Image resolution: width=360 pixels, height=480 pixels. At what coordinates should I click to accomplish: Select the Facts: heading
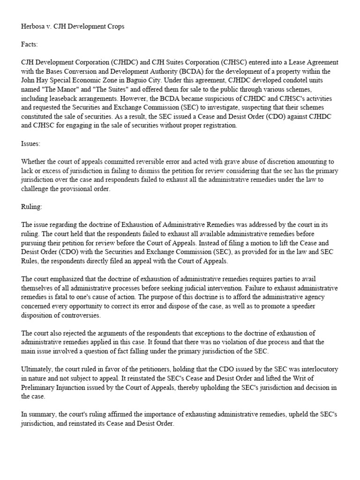click(30, 45)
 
